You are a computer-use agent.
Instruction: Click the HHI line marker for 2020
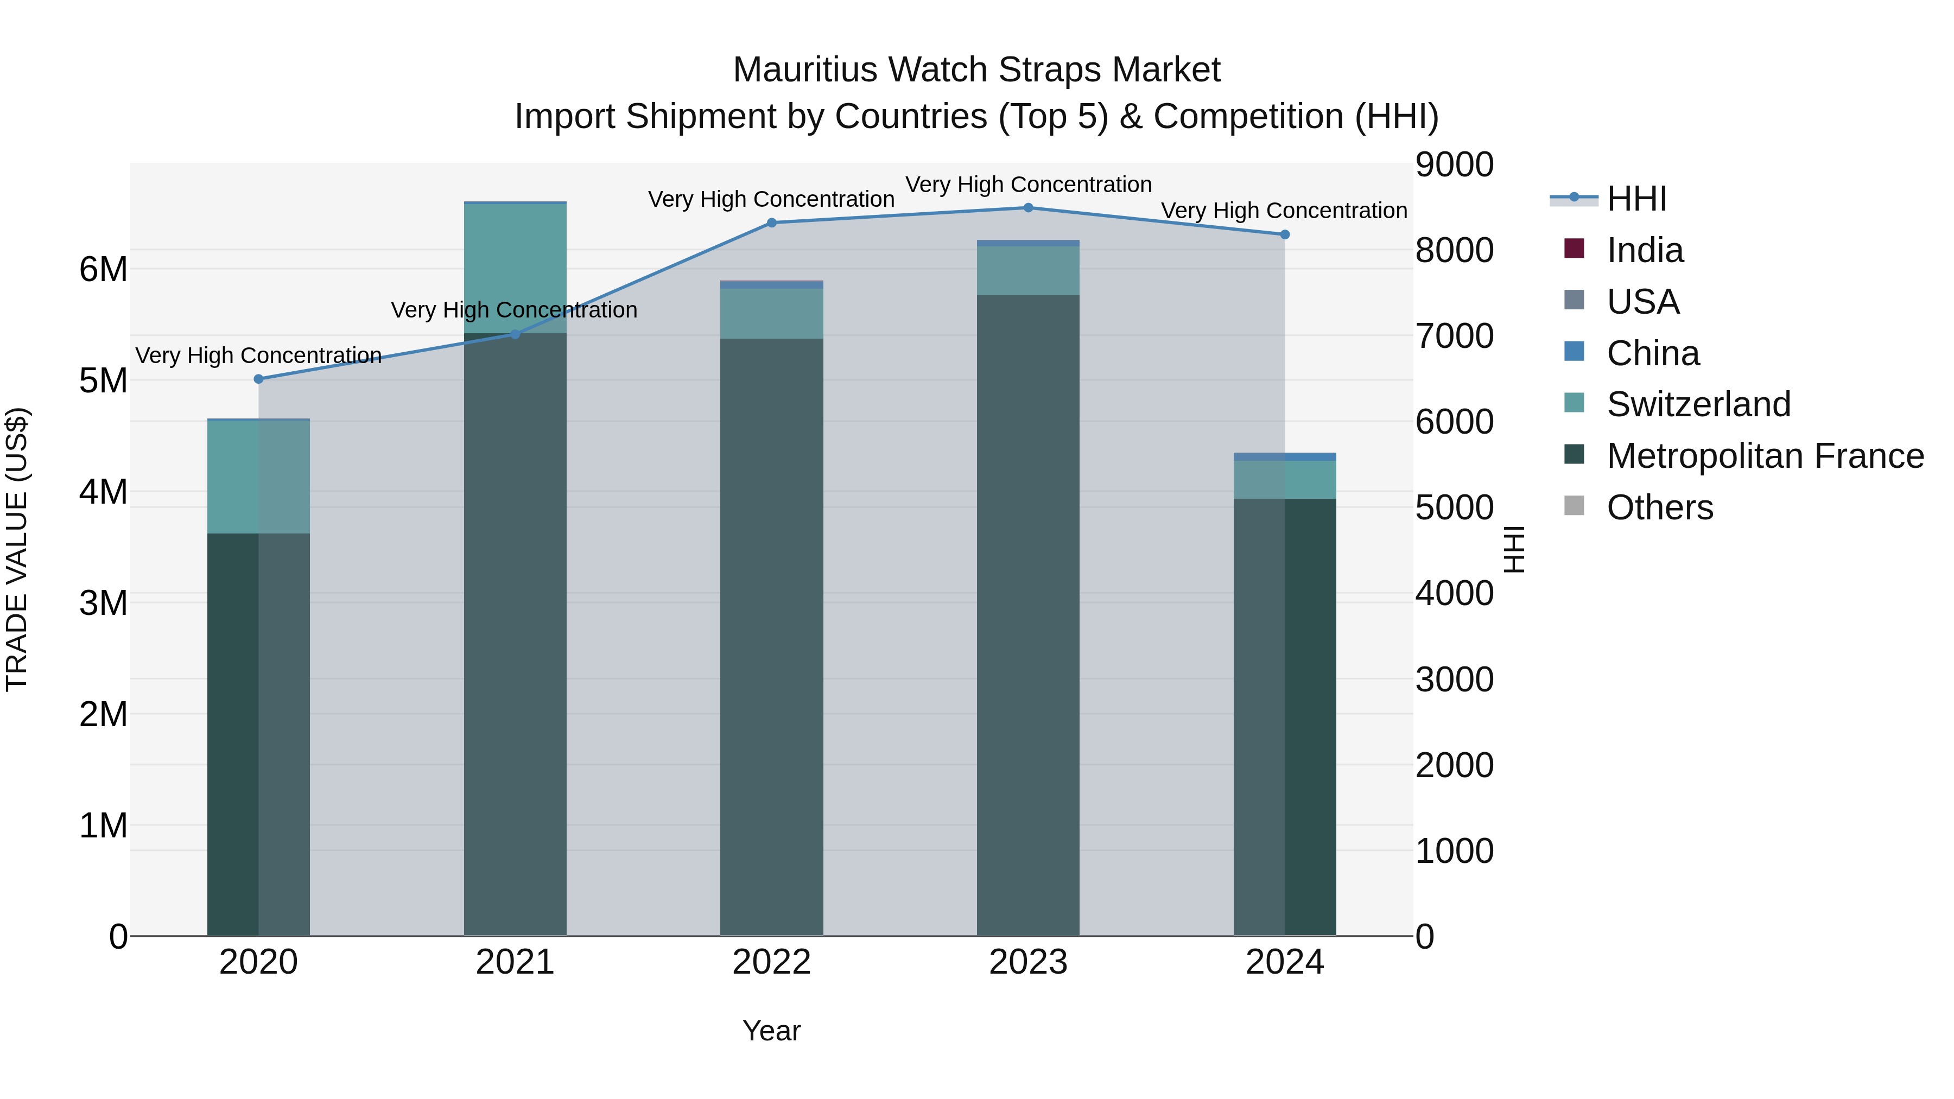259,379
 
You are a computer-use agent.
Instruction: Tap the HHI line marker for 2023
1029,208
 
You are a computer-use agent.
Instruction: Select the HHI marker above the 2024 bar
1285,235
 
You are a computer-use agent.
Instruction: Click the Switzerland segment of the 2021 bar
515,269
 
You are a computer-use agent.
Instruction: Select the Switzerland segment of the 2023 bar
1028,271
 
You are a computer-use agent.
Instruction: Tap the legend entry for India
1645,250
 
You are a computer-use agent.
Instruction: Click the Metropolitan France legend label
1765,456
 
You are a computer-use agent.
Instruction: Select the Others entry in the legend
1660,507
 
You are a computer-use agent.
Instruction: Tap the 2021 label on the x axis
515,962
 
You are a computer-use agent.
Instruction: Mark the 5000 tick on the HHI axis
1454,507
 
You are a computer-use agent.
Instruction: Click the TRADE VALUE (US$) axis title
17,549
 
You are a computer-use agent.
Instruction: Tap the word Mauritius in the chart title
805,70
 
